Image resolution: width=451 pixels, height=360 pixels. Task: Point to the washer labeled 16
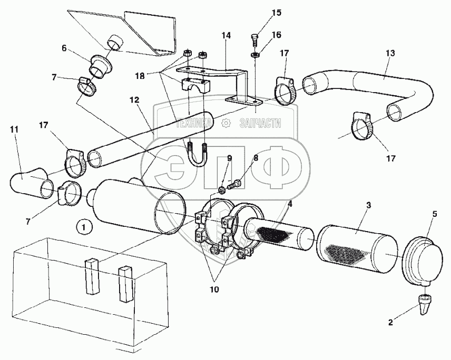[255, 54]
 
